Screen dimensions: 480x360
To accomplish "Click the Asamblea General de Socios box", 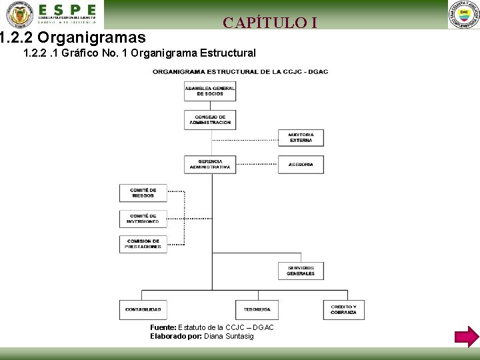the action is click(x=210, y=91).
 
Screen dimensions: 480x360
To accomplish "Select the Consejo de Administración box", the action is click(x=210, y=119).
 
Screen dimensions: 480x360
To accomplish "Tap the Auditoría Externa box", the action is click(x=301, y=137).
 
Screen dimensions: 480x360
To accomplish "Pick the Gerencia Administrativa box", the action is click(x=210, y=164).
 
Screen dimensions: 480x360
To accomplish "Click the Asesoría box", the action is click(x=301, y=164).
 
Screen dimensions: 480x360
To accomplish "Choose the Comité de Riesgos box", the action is click(x=143, y=193).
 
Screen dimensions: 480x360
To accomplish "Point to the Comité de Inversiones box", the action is click(x=143, y=219).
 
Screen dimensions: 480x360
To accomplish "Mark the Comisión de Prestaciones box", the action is click(x=143, y=244).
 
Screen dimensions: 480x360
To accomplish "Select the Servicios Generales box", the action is click(x=301, y=271).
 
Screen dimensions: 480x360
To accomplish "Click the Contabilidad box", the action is click(x=143, y=309).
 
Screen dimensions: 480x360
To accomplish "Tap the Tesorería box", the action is click(x=257, y=309).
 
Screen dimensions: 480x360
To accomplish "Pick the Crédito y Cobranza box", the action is click(x=343, y=309).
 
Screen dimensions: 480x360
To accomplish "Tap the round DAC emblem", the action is click(x=463, y=15).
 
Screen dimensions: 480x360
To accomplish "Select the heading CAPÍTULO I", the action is click(x=270, y=23).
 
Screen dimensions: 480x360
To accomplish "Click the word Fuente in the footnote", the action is click(x=163, y=327).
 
